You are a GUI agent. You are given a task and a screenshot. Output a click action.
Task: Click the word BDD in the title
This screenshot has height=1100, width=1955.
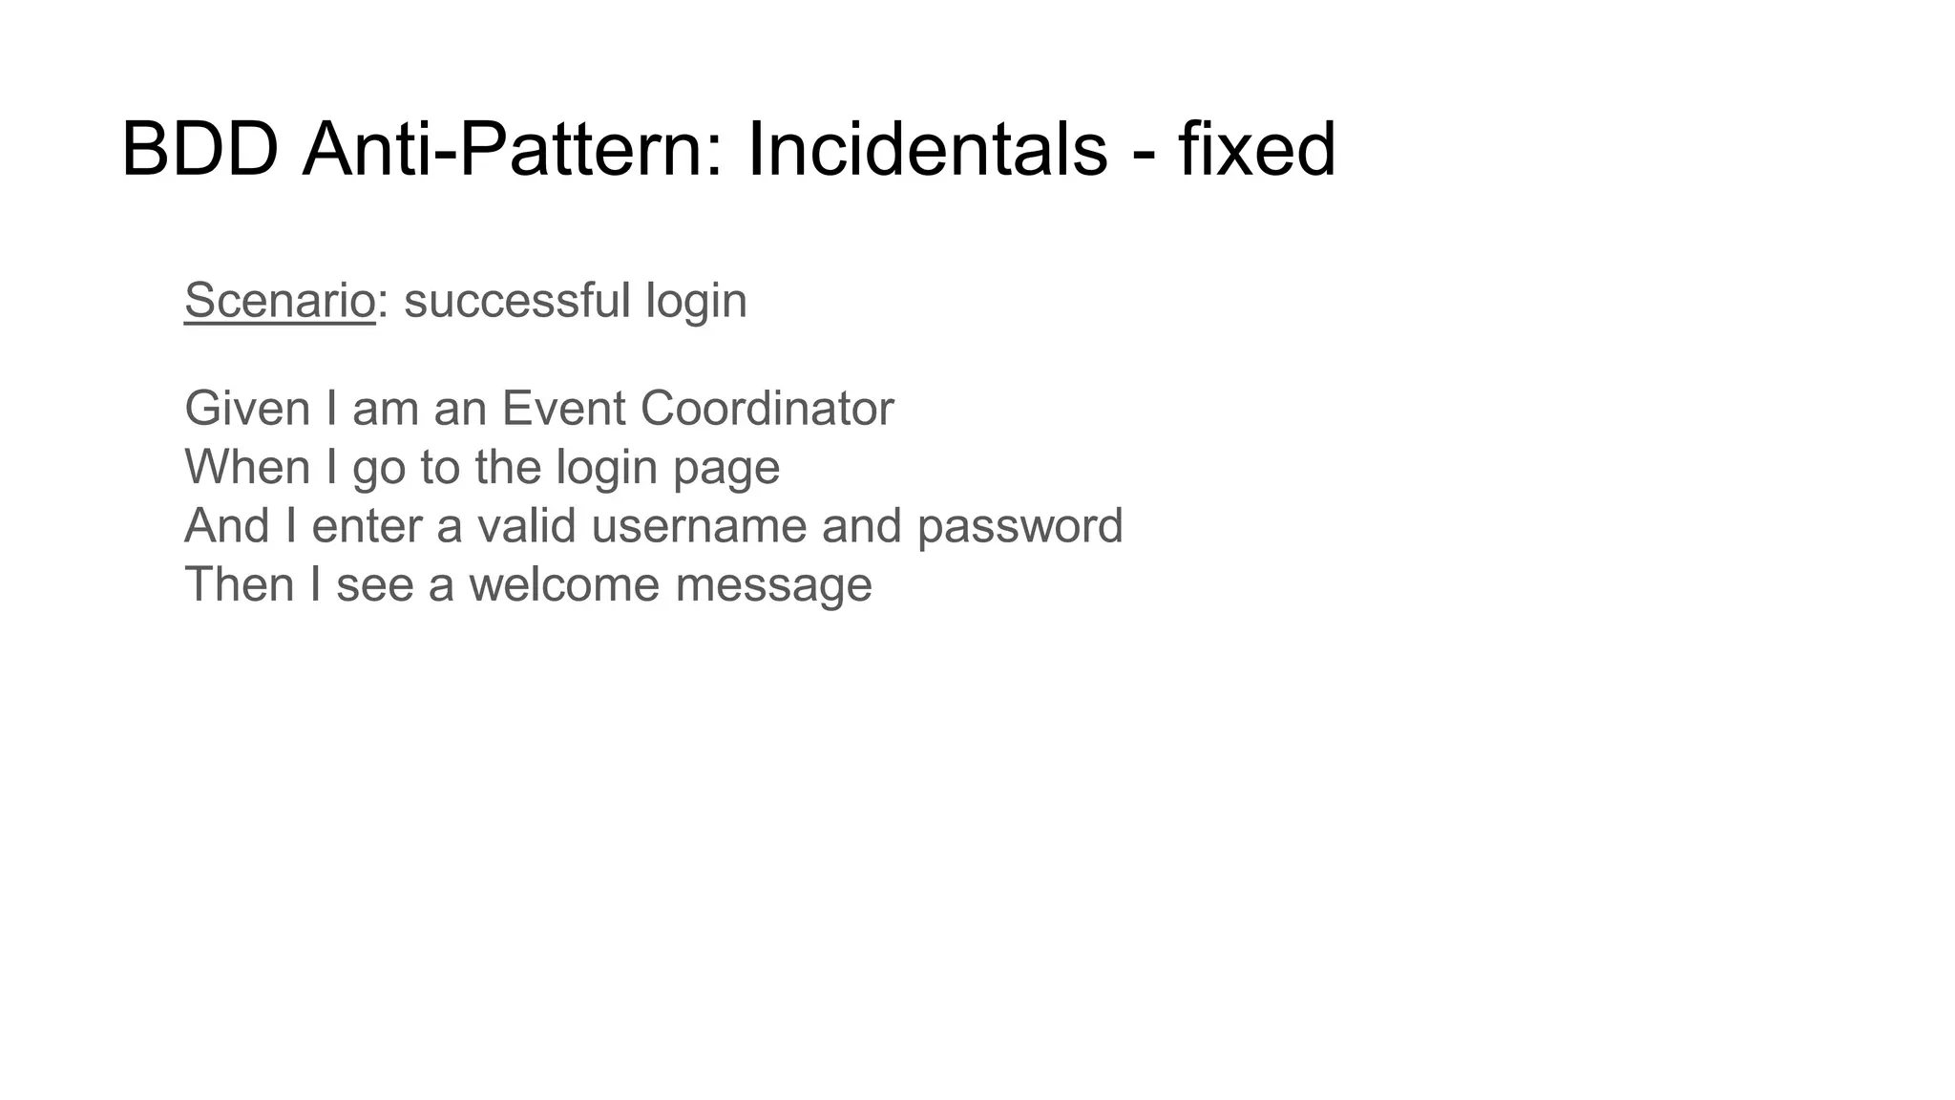200,150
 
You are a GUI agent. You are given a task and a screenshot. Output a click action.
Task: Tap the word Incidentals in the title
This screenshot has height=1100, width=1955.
927,150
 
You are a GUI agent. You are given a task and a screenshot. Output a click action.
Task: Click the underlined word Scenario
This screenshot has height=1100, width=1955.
280,301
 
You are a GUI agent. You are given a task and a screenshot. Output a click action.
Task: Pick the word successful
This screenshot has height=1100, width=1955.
516,301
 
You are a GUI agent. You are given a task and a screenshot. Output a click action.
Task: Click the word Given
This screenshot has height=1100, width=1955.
247,409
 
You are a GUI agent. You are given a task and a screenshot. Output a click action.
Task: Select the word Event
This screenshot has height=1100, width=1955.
563,409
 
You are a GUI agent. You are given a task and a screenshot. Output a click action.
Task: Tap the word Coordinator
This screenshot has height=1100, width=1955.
767,409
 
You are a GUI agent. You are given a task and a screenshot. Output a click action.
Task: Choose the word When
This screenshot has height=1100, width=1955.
247,468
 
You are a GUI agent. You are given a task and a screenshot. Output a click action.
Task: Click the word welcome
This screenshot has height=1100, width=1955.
563,584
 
